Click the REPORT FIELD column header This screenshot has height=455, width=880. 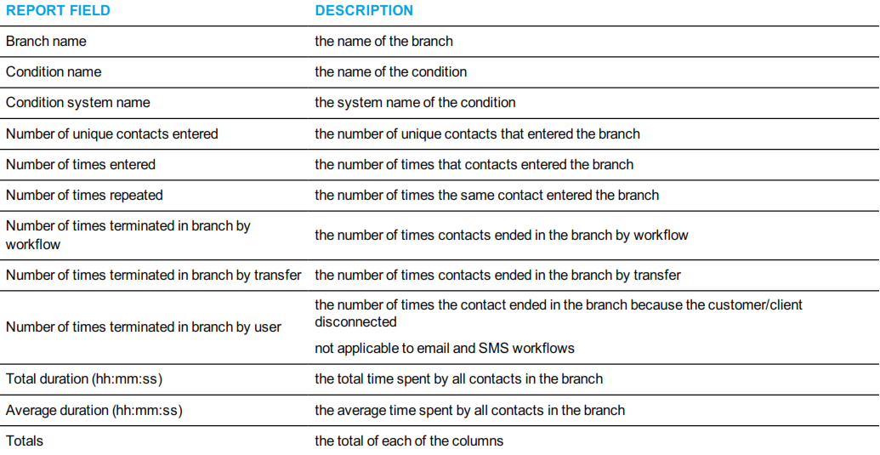tap(59, 11)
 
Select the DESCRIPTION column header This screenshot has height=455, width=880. tap(364, 11)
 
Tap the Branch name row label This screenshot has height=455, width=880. tap(46, 42)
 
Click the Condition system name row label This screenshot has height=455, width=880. tap(78, 103)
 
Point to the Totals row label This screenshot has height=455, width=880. tap(25, 441)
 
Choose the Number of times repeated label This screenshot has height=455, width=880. tap(84, 196)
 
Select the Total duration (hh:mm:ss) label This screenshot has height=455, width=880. tap(84, 379)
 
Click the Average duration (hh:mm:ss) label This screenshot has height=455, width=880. tap(94, 411)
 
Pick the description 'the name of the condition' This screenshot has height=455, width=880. tap(390, 72)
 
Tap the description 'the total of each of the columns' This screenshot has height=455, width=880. tap(409, 441)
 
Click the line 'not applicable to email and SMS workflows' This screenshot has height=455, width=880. tap(445, 349)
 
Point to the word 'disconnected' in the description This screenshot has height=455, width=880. tap(355, 322)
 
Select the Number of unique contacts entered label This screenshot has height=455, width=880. tap(112, 134)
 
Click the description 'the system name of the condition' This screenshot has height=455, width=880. tap(415, 103)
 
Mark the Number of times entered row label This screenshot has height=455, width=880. tap(81, 165)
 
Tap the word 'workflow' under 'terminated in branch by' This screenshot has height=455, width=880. tap(33, 245)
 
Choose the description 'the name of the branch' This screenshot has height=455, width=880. tap(383, 42)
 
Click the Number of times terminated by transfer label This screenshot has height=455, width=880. tap(154, 276)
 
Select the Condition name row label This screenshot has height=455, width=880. tap(54, 72)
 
